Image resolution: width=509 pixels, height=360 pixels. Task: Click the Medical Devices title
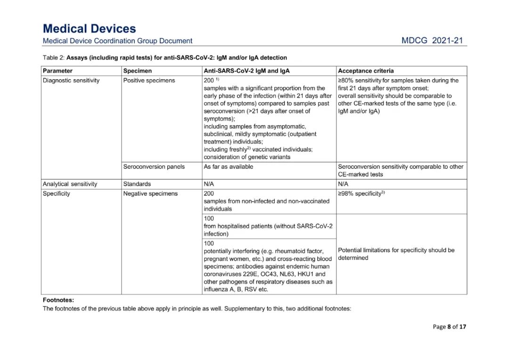pos(89,29)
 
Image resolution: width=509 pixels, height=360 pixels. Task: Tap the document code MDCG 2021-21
pos(432,41)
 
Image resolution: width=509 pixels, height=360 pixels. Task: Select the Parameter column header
pos(58,71)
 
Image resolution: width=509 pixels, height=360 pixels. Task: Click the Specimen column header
pos(138,71)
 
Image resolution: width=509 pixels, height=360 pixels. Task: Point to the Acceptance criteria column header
pos(366,71)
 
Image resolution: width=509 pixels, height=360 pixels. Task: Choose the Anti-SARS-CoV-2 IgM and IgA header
pos(246,71)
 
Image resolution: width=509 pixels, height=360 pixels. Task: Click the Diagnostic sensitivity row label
pos(71,81)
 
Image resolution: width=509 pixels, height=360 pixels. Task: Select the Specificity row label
pos(57,194)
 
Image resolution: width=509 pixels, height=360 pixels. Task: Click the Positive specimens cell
pos(149,81)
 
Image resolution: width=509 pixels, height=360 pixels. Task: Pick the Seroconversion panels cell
pos(154,166)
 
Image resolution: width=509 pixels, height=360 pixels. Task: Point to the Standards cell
pos(137,184)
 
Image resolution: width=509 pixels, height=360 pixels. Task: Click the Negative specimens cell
pos(150,194)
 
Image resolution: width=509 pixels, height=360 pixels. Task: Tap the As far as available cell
pos(228,166)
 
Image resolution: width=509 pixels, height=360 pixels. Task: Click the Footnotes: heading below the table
pos(58,300)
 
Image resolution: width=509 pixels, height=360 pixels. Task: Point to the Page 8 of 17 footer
pos(449,327)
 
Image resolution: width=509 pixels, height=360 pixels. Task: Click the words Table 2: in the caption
pos(53,58)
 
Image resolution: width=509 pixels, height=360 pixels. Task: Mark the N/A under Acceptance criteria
pos(343,184)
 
